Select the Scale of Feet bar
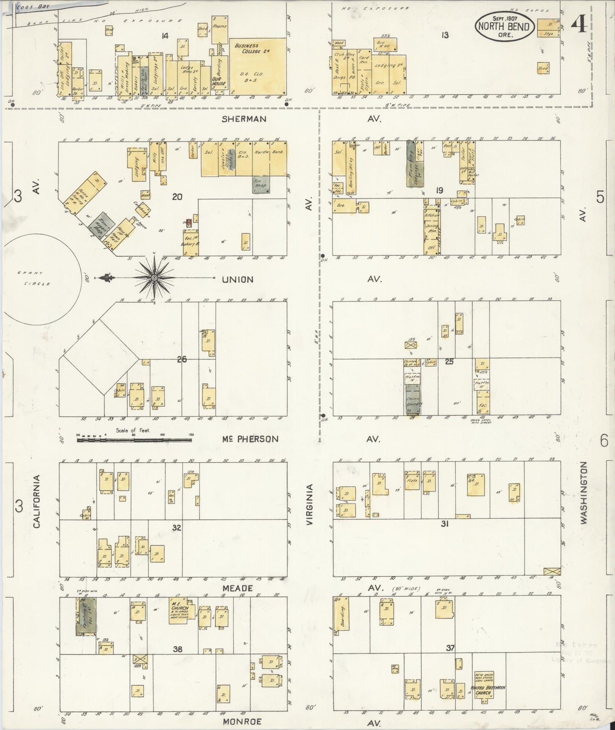[x=134, y=438]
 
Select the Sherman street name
[x=244, y=119]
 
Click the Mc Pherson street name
[x=250, y=439]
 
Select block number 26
[x=182, y=359]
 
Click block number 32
[x=177, y=528]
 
